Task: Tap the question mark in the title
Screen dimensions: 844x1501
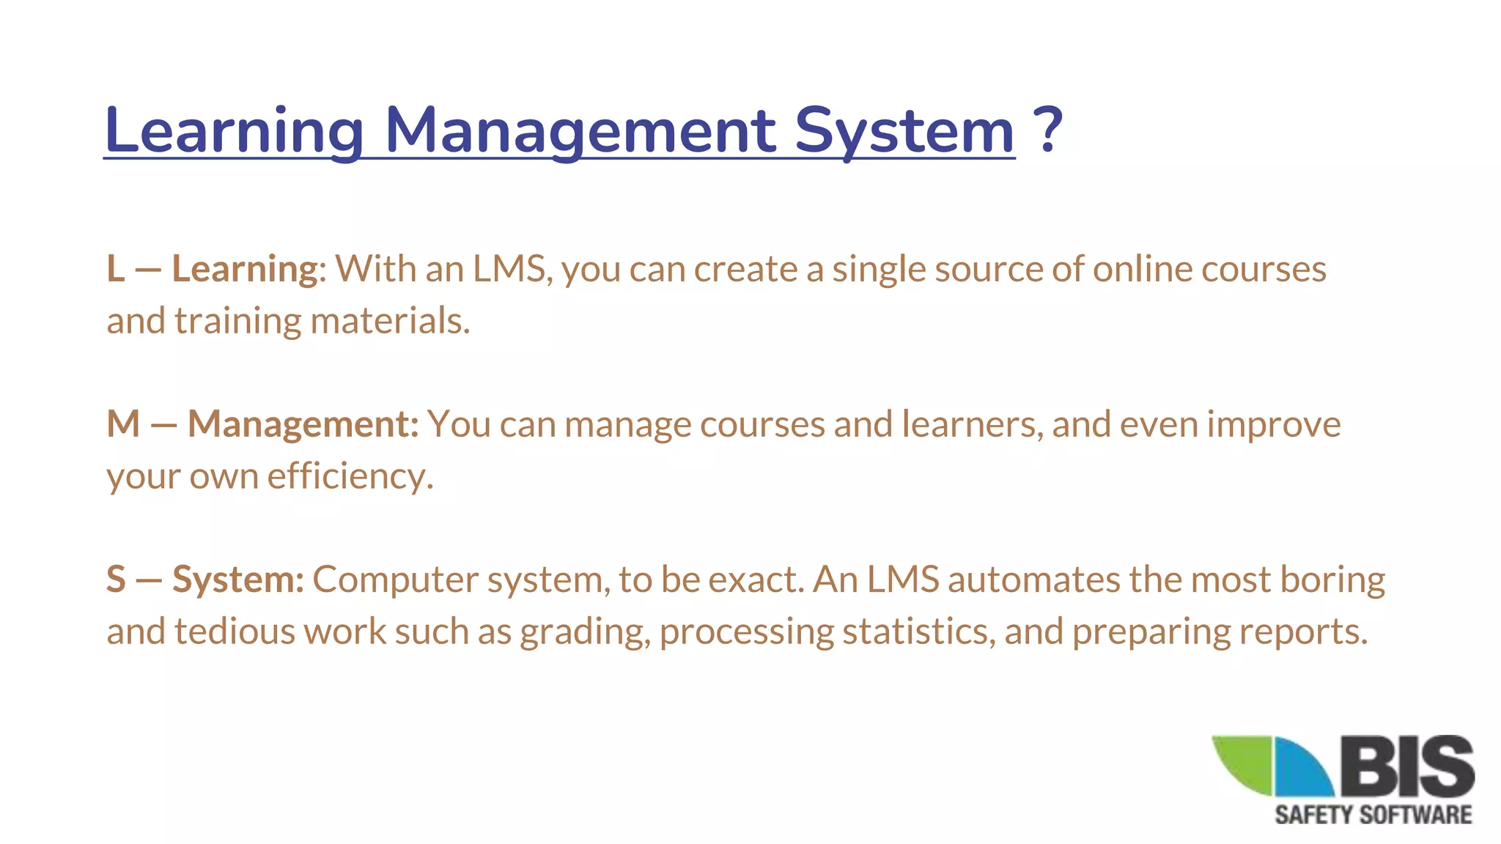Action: [x=1048, y=130]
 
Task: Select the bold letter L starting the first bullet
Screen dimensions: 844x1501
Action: [x=115, y=269]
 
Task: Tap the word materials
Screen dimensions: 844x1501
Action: [x=390, y=321]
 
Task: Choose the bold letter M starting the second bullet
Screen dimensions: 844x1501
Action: [x=123, y=424]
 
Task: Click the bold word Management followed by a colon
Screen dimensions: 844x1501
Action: [x=303, y=424]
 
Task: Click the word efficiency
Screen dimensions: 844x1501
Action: [x=350, y=476]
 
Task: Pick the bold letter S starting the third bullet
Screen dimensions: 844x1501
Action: [x=116, y=580]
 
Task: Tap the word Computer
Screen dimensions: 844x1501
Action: [x=395, y=580]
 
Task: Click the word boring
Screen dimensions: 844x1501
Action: [x=1332, y=580]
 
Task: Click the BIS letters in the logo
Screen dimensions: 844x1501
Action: [x=1408, y=766]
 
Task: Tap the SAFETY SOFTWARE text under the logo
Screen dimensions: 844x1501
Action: [x=1373, y=815]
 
